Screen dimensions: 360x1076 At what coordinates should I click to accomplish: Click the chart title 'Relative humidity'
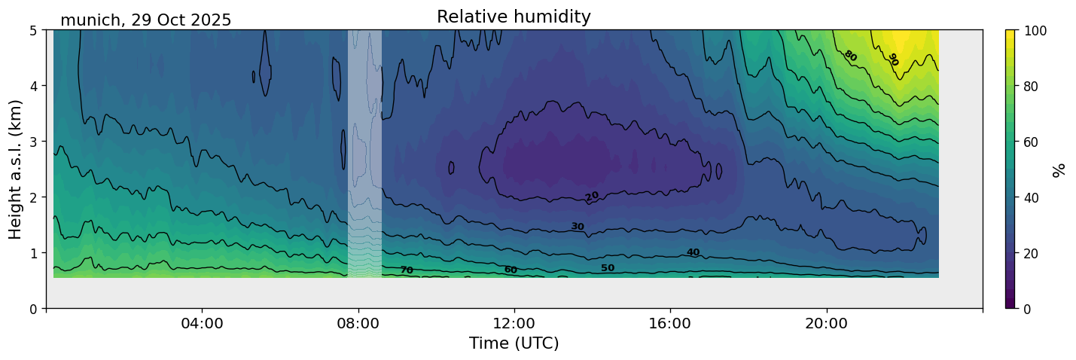[x=514, y=17]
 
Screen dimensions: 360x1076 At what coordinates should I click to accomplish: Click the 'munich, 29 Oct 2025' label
[x=146, y=20]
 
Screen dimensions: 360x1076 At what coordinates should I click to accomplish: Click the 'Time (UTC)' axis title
[x=514, y=343]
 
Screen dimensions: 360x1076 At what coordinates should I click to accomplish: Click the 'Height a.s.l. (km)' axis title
[x=16, y=169]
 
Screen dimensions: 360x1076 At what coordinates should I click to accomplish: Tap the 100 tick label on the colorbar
[x=1041, y=31]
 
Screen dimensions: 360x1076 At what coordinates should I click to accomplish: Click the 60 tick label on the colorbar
[x=1038, y=142]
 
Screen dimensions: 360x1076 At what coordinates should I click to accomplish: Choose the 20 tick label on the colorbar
[x=1038, y=253]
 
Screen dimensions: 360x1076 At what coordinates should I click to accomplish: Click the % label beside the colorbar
[x=1059, y=169]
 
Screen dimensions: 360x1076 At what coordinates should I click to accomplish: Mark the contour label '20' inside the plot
[x=592, y=197]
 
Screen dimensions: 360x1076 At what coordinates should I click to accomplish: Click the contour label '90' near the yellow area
[x=893, y=59]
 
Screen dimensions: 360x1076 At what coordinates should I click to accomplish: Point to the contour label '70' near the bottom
[x=406, y=270]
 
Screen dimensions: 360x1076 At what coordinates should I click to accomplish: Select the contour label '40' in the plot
[x=693, y=252]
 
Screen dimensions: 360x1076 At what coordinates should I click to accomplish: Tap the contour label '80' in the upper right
[x=850, y=55]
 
